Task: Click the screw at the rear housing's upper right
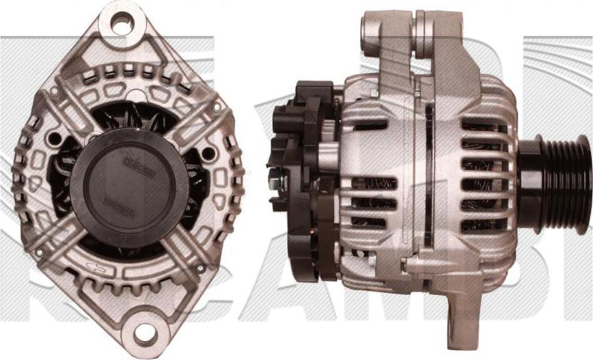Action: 217,107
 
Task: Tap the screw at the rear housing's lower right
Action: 200,268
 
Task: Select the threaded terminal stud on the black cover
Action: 274,183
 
